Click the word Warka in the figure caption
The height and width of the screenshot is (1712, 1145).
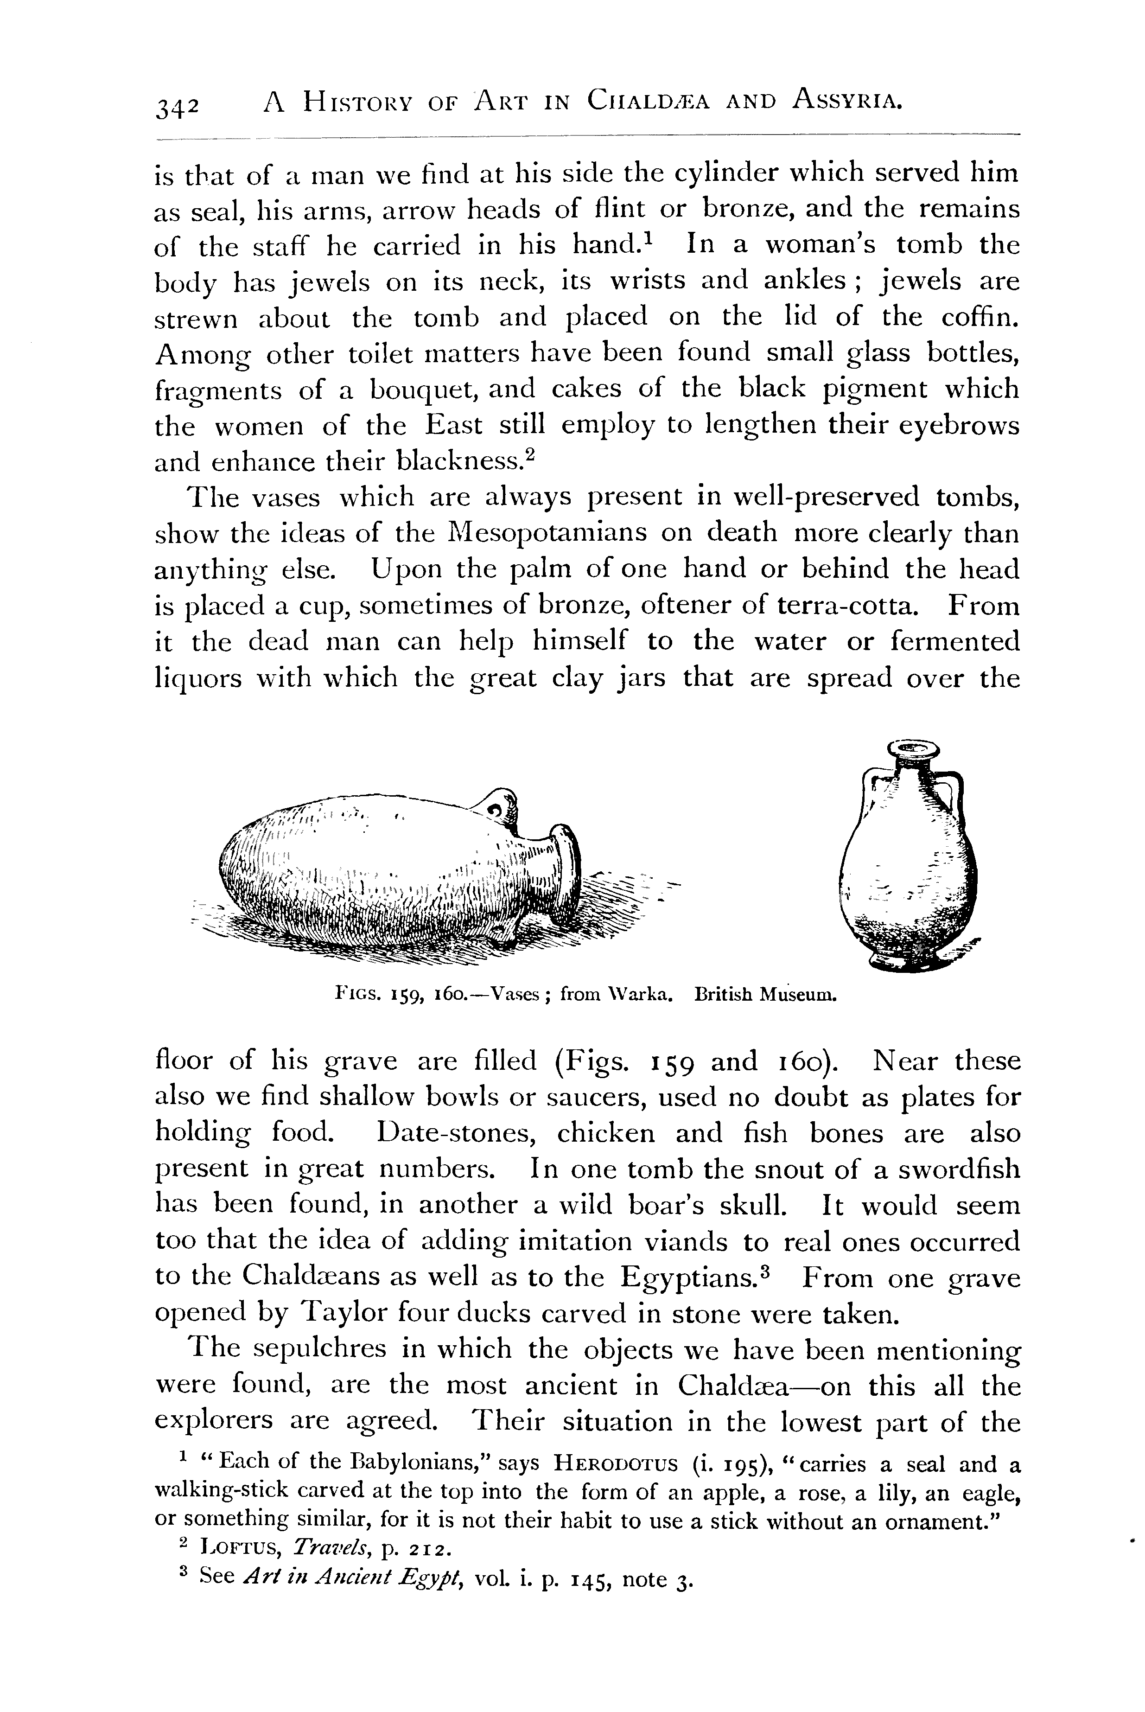pyautogui.click(x=642, y=995)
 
